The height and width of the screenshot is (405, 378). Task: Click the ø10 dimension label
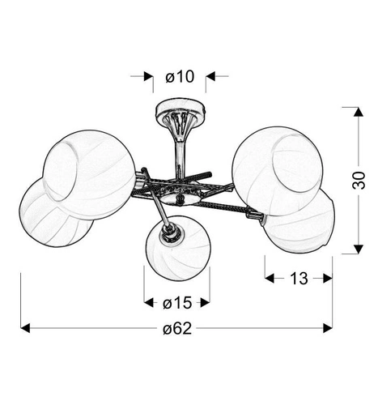pyautogui.click(x=180, y=76)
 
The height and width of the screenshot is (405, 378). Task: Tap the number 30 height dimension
pyautogui.click(x=359, y=180)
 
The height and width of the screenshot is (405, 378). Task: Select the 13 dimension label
pyautogui.click(x=299, y=279)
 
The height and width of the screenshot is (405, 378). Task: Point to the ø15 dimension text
pyautogui.click(x=177, y=303)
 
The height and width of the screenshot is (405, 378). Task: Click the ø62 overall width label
pyautogui.click(x=177, y=329)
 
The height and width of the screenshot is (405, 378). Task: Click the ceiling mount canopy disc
pyautogui.click(x=181, y=109)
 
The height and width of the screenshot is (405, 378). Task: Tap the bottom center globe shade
pyautogui.click(x=178, y=248)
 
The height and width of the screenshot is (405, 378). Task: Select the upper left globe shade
pyautogui.click(x=89, y=175)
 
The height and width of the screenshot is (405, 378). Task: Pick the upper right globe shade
pyautogui.click(x=278, y=171)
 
